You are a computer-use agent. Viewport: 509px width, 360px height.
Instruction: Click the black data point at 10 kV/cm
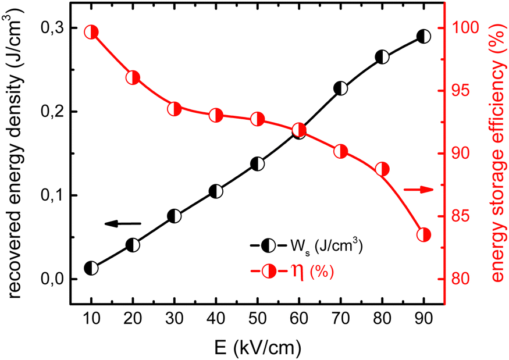coord(91,268)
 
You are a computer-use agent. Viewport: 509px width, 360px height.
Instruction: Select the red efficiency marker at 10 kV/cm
coord(91,32)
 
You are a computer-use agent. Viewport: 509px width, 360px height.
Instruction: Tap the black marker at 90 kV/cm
coord(424,37)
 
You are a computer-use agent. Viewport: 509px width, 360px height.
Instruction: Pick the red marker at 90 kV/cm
coord(424,235)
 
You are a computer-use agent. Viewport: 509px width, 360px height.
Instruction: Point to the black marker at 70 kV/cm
coord(341,89)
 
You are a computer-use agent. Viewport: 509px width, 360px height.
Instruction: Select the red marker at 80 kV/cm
coord(382,169)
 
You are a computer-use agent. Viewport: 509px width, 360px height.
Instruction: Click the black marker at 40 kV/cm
coord(216,191)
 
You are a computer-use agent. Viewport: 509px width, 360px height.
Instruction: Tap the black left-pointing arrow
coord(123,223)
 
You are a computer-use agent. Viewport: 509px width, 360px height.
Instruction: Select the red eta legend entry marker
coord(265,271)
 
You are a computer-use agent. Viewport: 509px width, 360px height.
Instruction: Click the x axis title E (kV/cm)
coord(257,347)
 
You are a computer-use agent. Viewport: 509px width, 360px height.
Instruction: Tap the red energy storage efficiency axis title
coord(496,145)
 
